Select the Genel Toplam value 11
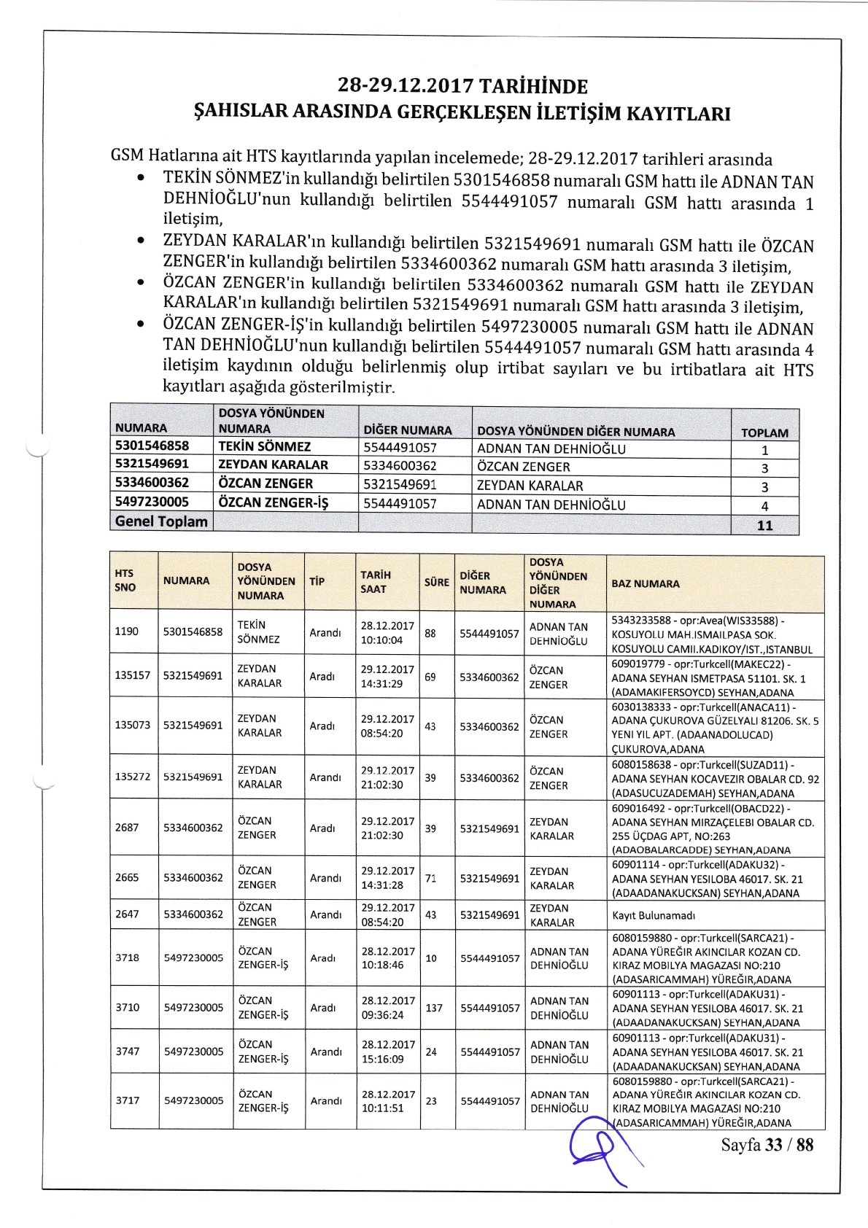point(764,525)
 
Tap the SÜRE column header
point(436,582)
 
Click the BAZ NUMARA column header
point(646,583)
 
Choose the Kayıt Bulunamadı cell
point(648,914)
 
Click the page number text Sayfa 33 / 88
point(767,1144)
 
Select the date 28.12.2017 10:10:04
point(387,633)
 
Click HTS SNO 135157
point(132,675)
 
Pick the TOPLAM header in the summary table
point(764,432)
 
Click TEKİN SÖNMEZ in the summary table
point(264,446)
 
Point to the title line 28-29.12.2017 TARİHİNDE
point(462,87)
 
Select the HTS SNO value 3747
point(127,1051)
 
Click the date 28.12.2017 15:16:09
point(387,1052)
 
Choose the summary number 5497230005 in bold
point(152,502)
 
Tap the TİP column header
point(317,581)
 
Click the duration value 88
point(430,633)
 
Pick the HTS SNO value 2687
point(127,827)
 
